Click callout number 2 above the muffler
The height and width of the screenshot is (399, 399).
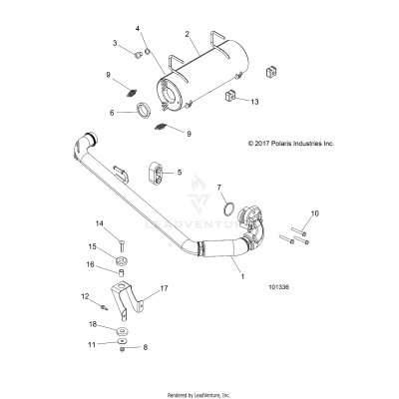point(187,34)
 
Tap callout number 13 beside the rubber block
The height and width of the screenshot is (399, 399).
point(254,102)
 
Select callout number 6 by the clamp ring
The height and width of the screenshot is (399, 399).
point(124,113)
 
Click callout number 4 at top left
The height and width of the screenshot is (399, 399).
point(139,28)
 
